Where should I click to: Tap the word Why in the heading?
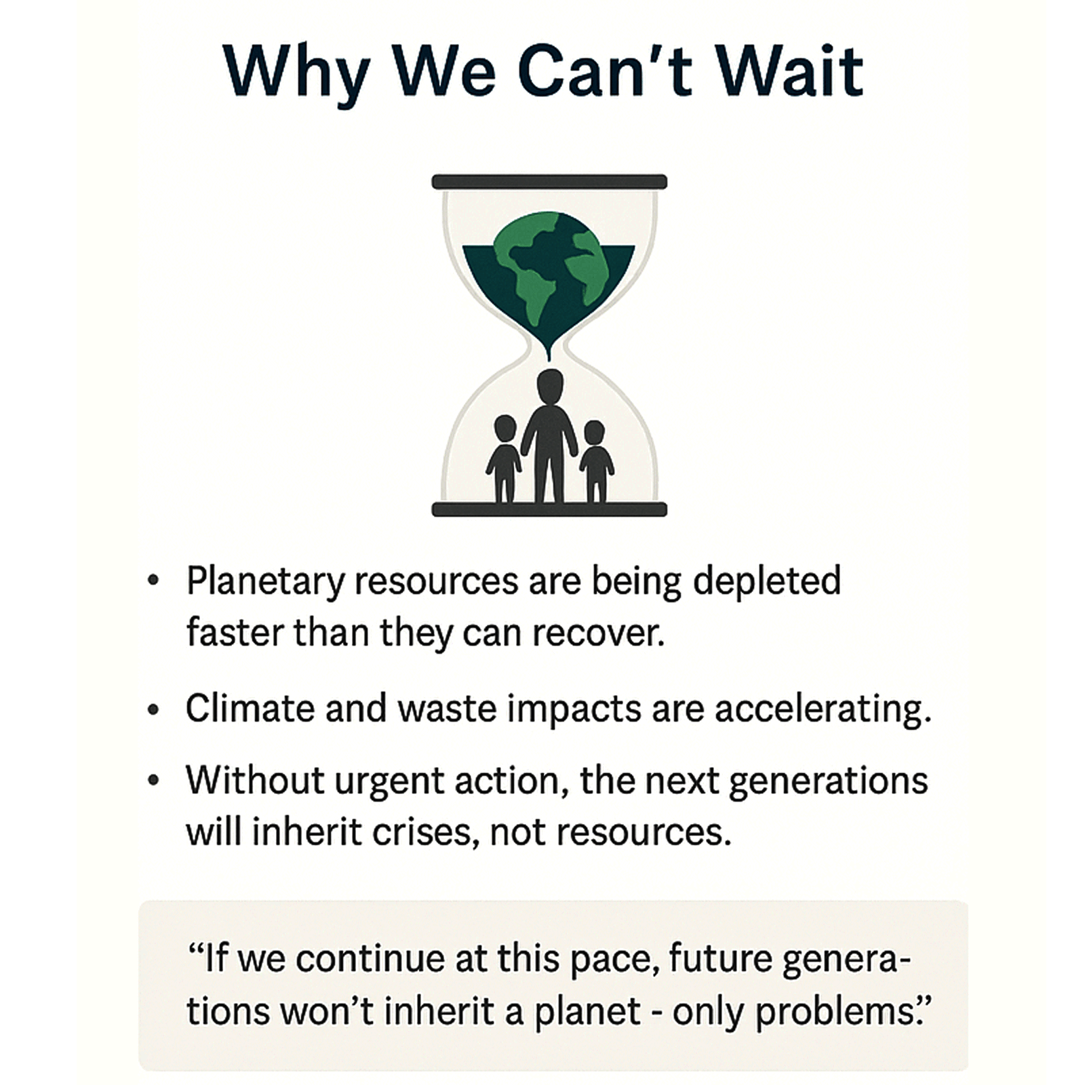tap(297, 76)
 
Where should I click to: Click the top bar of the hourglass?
tap(549, 182)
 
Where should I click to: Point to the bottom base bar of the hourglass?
tap(549, 509)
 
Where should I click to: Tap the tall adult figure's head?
tap(549, 387)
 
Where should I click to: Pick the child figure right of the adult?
tap(596, 461)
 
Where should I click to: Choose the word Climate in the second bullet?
tap(250, 709)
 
